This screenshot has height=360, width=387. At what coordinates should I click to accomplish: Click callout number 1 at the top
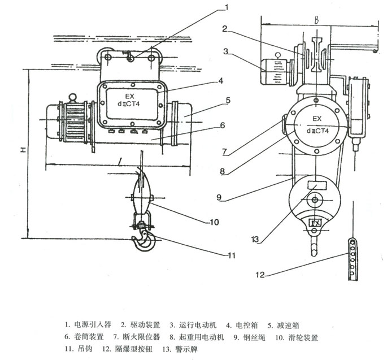[227, 7]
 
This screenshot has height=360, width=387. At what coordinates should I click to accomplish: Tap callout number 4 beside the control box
[221, 81]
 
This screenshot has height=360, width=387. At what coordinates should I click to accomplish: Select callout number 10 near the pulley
[214, 222]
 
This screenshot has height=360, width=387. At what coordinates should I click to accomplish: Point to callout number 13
[255, 239]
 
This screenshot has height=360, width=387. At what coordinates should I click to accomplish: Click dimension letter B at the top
[317, 20]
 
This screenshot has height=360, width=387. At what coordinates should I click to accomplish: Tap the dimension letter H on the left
[24, 150]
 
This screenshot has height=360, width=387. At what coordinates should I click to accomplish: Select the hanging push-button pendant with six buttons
[353, 259]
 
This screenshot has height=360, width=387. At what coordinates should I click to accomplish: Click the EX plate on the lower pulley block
[315, 223]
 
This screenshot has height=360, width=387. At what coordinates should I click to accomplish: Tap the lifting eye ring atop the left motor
[72, 97]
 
